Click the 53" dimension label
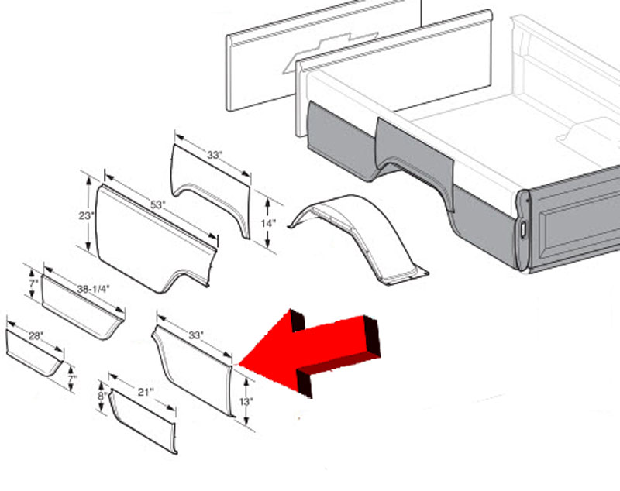point(157,205)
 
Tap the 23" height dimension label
point(86,215)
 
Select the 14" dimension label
point(268,224)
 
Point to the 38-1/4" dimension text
point(93,289)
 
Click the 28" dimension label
point(36,336)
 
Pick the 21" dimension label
point(145,392)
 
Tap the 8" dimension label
point(102,396)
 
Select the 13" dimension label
point(246,402)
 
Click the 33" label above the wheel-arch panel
point(215,155)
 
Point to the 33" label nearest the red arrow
point(196,335)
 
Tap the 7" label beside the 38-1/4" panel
point(33,283)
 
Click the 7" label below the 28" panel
point(72,379)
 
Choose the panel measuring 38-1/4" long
point(81,308)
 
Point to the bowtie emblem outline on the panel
point(330,51)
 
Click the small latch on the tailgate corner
point(523,229)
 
